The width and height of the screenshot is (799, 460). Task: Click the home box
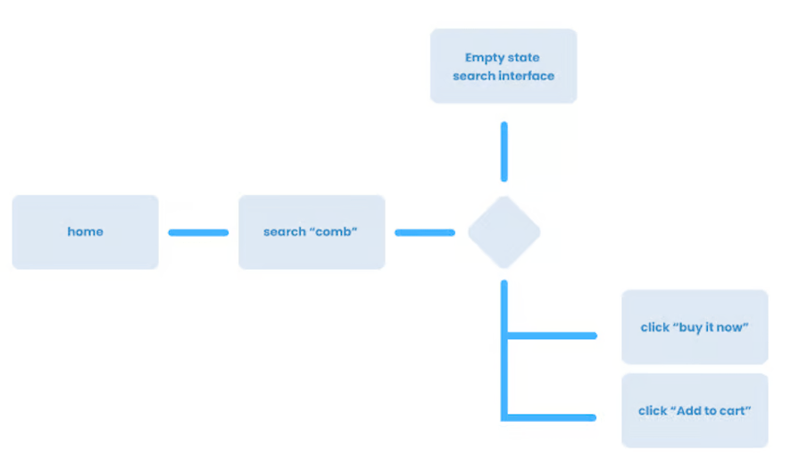(85, 232)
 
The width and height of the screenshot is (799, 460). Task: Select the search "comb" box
(312, 232)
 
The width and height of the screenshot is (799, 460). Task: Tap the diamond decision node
(504, 232)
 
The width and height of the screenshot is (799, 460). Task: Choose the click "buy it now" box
(695, 327)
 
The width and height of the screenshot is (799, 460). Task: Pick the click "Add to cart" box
(695, 411)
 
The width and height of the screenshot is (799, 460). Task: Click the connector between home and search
(198, 232)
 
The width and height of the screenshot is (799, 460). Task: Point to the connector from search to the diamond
(425, 232)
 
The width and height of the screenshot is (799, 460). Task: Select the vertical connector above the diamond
(504, 152)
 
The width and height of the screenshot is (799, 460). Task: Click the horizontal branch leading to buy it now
(552, 336)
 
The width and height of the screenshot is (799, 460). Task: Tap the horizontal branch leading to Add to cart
(552, 416)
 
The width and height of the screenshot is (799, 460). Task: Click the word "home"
(85, 232)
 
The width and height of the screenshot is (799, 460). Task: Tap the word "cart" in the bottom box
(733, 411)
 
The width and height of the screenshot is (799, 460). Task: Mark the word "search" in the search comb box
(284, 232)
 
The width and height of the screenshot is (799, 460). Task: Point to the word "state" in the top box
(524, 58)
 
